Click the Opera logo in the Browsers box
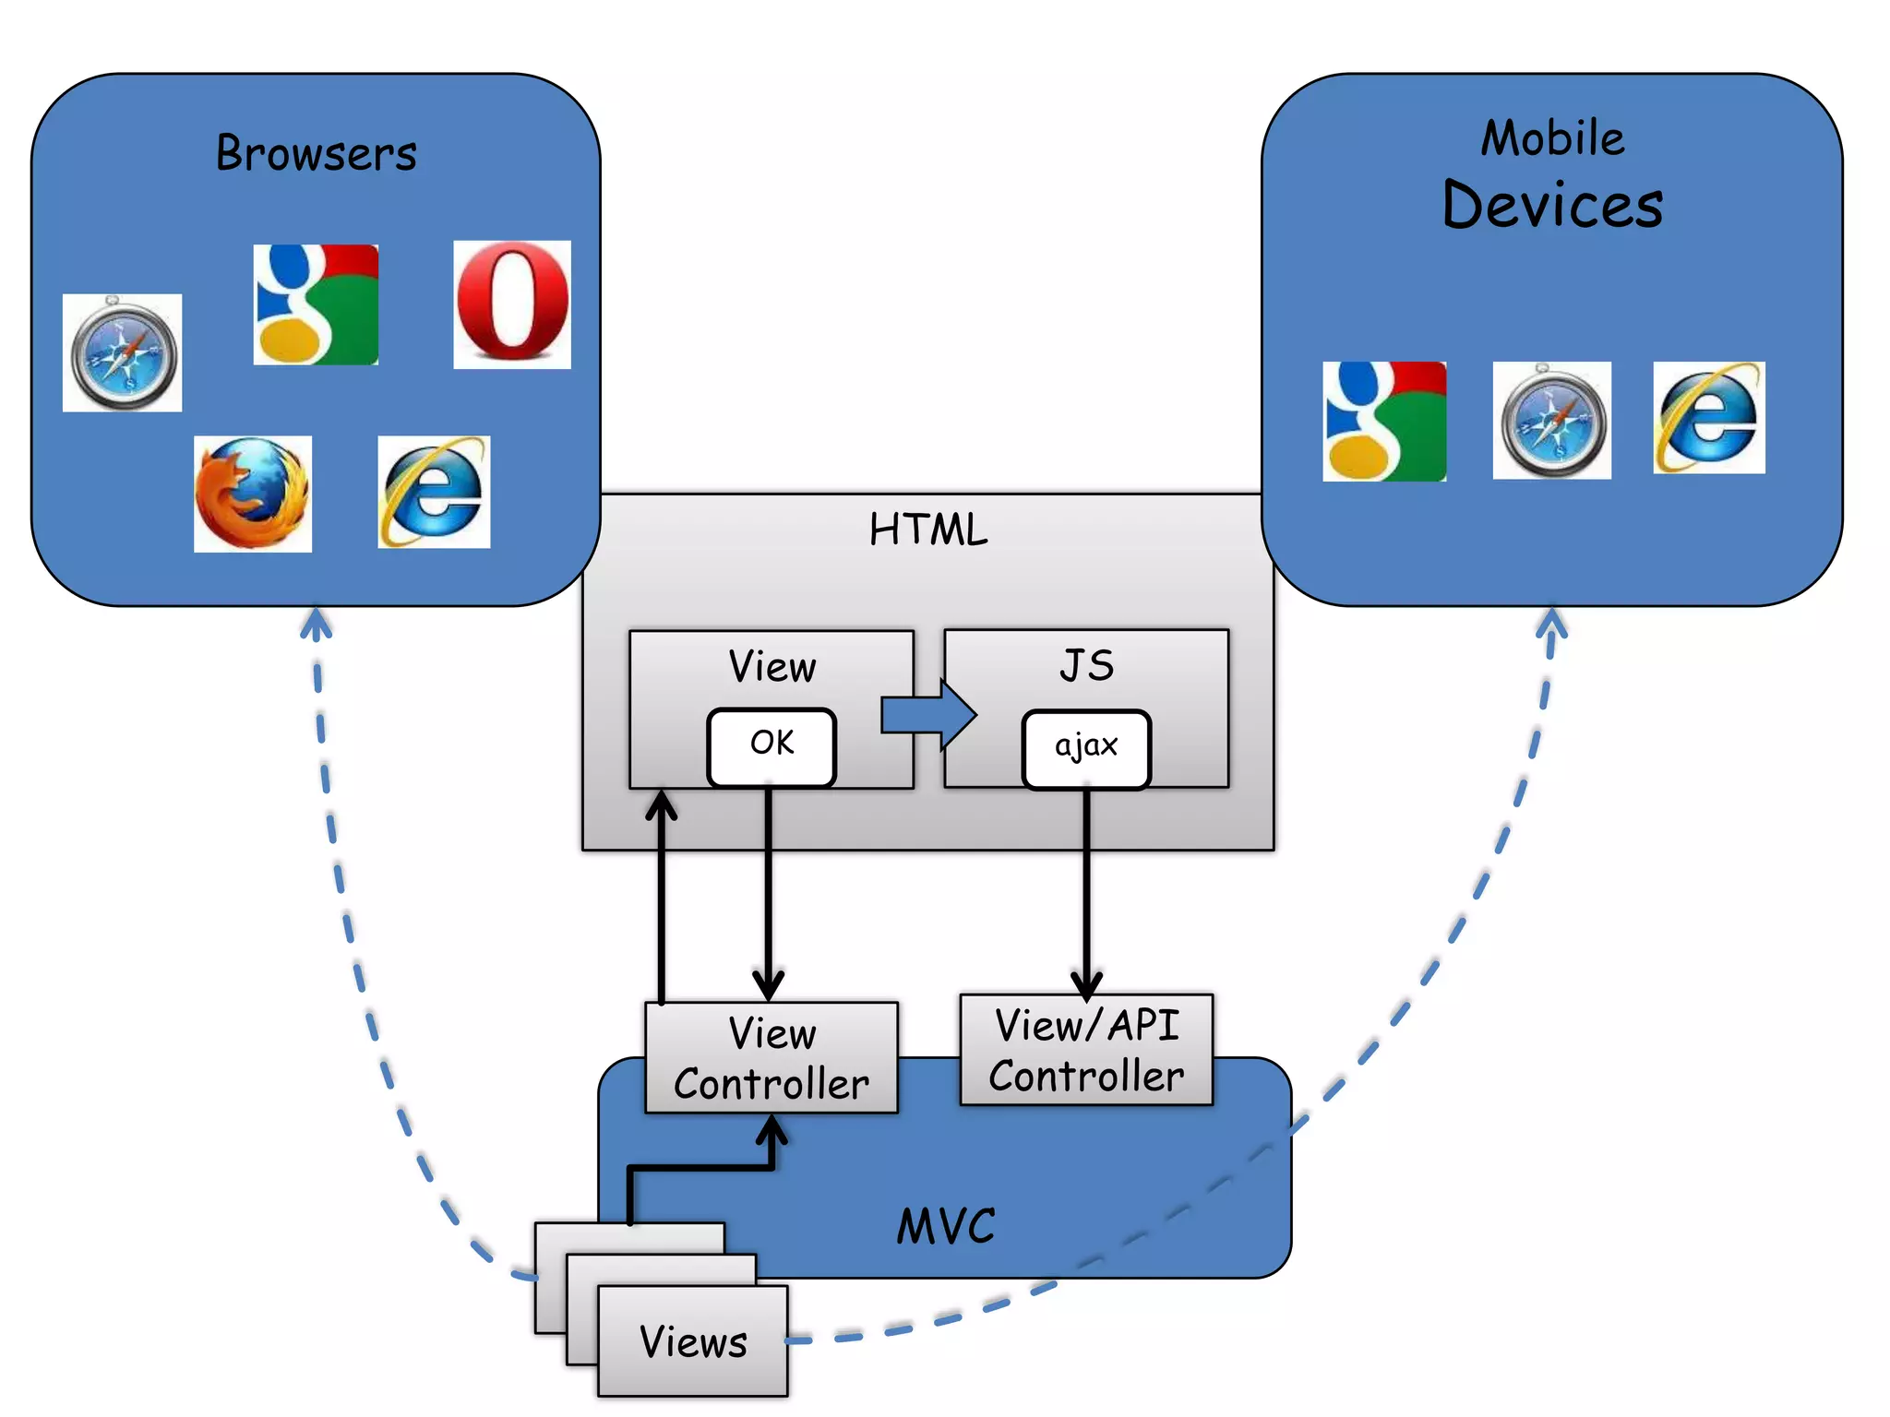coord(512,304)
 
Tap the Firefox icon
coord(252,494)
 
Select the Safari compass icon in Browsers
coord(122,353)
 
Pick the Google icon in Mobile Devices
coord(1383,422)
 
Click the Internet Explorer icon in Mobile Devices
coord(1708,418)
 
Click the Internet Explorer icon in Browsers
coord(434,493)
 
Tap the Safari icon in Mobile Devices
coord(1552,421)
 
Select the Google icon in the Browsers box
coord(316,304)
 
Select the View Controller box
coord(772,1058)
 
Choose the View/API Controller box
coord(1086,1050)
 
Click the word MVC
coord(946,1227)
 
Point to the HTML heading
coord(927,530)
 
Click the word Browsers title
coord(316,153)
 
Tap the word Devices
coord(1552,206)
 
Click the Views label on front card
coord(693,1342)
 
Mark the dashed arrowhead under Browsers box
coord(316,622)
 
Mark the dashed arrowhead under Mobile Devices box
coord(1552,622)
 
